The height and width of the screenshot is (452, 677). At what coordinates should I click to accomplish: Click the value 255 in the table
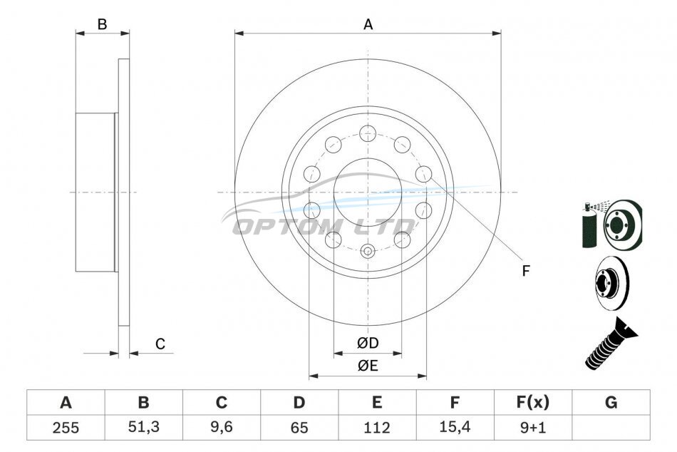click(66, 427)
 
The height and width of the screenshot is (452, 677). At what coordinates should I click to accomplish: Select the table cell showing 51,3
click(144, 427)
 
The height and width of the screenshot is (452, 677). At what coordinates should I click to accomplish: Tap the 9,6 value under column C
click(222, 427)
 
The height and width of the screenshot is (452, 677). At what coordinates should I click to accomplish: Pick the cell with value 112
click(377, 427)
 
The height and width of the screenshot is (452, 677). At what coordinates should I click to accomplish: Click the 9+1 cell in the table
click(533, 427)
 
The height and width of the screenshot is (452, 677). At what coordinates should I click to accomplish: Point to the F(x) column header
click(533, 402)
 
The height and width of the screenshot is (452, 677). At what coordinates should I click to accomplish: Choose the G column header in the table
click(611, 402)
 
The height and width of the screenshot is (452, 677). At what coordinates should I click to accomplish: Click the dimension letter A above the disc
click(368, 25)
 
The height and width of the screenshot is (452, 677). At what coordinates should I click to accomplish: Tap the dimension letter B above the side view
click(102, 24)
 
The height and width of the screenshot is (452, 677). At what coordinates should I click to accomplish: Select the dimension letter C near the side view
click(160, 344)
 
